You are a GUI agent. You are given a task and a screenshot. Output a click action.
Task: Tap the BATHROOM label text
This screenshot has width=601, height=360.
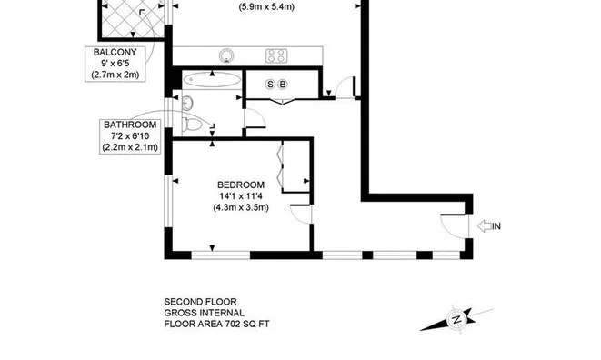coord(131,125)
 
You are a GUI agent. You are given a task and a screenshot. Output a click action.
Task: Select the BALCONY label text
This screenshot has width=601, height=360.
coord(115,53)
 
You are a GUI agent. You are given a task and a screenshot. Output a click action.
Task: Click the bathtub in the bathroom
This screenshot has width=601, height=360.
coord(211,81)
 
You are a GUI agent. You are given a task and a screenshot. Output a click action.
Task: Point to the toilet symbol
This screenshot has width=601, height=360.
coord(192,124)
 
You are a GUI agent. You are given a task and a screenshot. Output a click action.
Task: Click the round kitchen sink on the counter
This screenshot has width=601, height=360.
coord(225,55)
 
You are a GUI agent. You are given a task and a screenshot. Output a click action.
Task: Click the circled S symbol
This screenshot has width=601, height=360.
coord(270,85)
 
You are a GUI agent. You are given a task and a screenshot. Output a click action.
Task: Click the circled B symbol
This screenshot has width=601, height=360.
coord(283,85)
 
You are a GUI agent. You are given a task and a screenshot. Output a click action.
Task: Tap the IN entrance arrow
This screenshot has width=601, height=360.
coord(488,225)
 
